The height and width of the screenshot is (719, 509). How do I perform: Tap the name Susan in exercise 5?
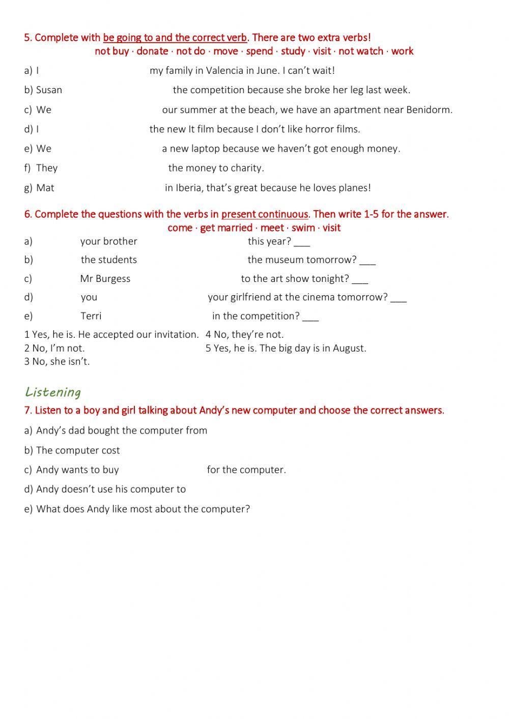point(49,90)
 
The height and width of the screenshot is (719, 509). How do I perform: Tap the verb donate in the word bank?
point(152,51)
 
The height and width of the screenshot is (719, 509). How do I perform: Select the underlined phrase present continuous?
point(265,214)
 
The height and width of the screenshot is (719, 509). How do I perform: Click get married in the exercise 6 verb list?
point(226,228)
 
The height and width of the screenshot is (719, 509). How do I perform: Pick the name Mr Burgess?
point(105,279)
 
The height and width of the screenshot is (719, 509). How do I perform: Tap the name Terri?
point(91,316)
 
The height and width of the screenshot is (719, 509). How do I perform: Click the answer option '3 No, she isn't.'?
point(57,362)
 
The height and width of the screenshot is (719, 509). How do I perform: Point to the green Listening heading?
point(53,392)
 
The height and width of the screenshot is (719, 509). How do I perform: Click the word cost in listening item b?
point(110,450)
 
